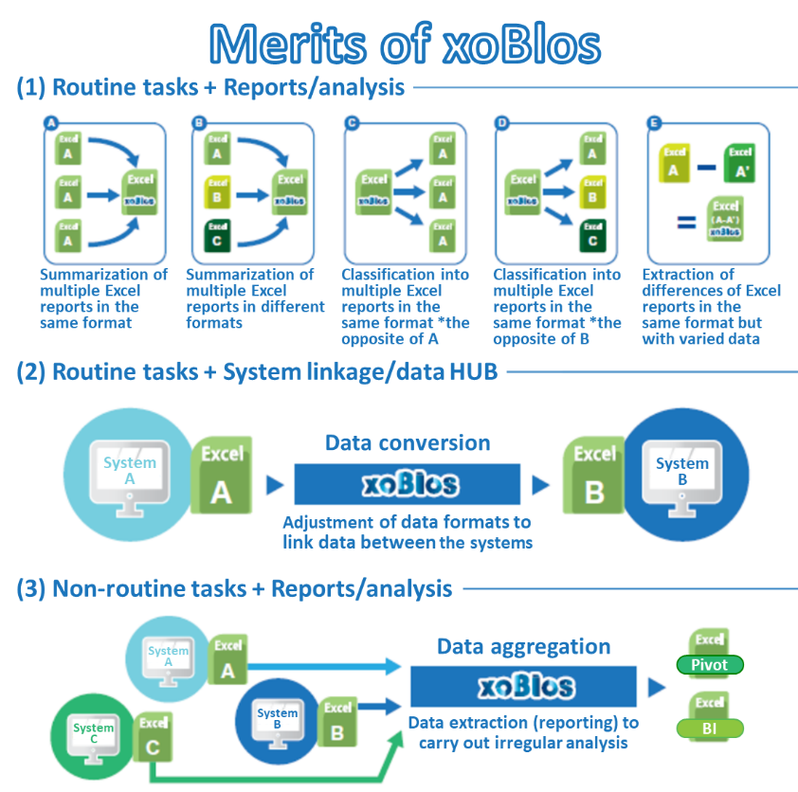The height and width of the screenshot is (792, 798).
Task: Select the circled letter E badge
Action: pyautogui.click(x=652, y=123)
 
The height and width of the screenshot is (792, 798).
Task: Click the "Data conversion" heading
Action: pyautogui.click(x=408, y=442)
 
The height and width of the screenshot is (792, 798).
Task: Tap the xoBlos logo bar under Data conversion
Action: pyautogui.click(x=407, y=484)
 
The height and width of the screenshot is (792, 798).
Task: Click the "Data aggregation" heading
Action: pyautogui.click(x=523, y=646)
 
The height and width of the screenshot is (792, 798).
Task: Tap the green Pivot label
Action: pyautogui.click(x=709, y=665)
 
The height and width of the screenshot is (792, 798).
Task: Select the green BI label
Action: pyautogui.click(x=709, y=729)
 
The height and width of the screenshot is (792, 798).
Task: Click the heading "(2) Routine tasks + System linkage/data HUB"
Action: pyautogui.click(x=256, y=372)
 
